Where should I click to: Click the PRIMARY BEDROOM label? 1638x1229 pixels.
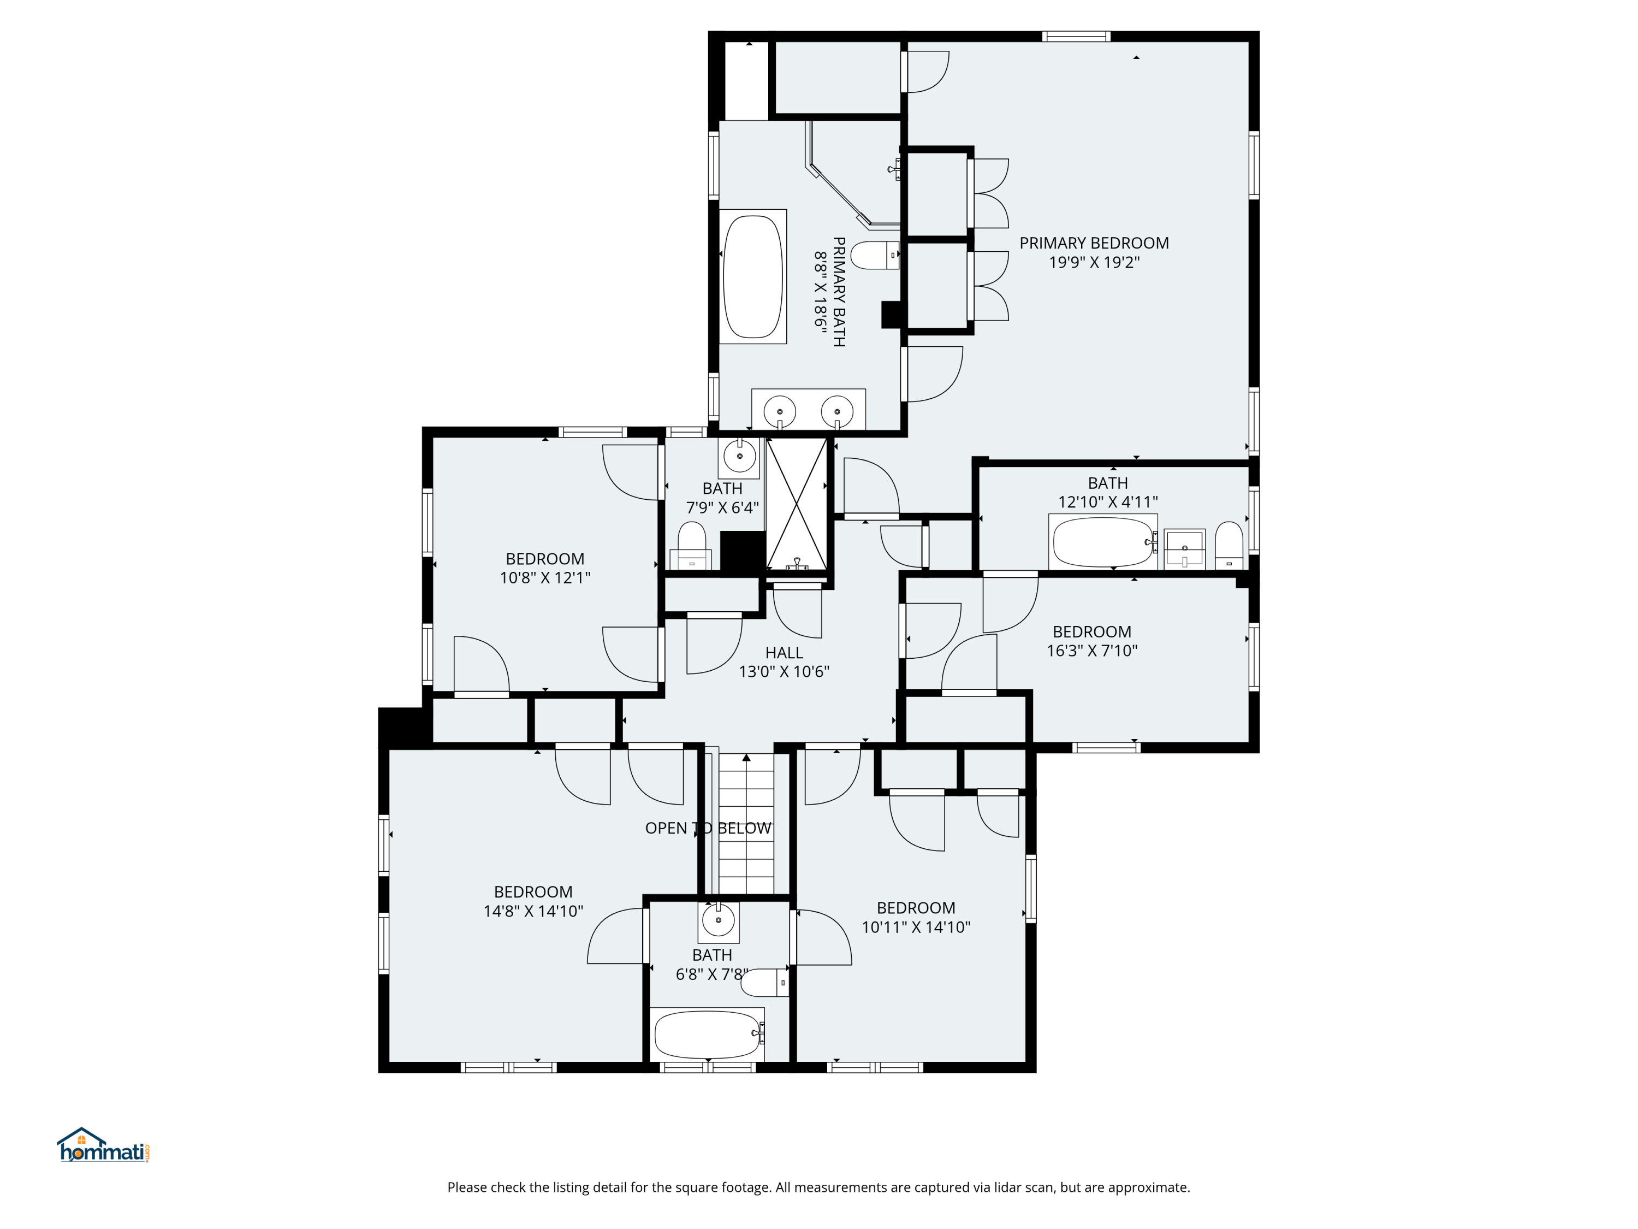[1094, 243]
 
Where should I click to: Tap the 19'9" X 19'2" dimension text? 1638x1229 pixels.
[1094, 262]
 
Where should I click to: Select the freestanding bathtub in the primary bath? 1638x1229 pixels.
[752, 276]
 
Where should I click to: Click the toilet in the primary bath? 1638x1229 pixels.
[875, 256]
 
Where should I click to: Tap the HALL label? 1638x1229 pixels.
[784, 653]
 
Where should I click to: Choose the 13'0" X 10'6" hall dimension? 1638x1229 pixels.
[784, 672]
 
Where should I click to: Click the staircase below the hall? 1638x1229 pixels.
[746, 824]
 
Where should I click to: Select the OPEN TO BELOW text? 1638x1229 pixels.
[708, 828]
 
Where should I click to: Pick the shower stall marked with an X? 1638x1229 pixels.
[796, 504]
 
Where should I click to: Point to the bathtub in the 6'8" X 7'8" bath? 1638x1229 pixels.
[707, 1034]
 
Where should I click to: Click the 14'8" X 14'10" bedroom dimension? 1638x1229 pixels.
[533, 911]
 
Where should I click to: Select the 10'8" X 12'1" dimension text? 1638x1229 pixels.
[545, 578]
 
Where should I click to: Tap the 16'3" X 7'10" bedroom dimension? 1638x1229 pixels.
[1091, 651]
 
